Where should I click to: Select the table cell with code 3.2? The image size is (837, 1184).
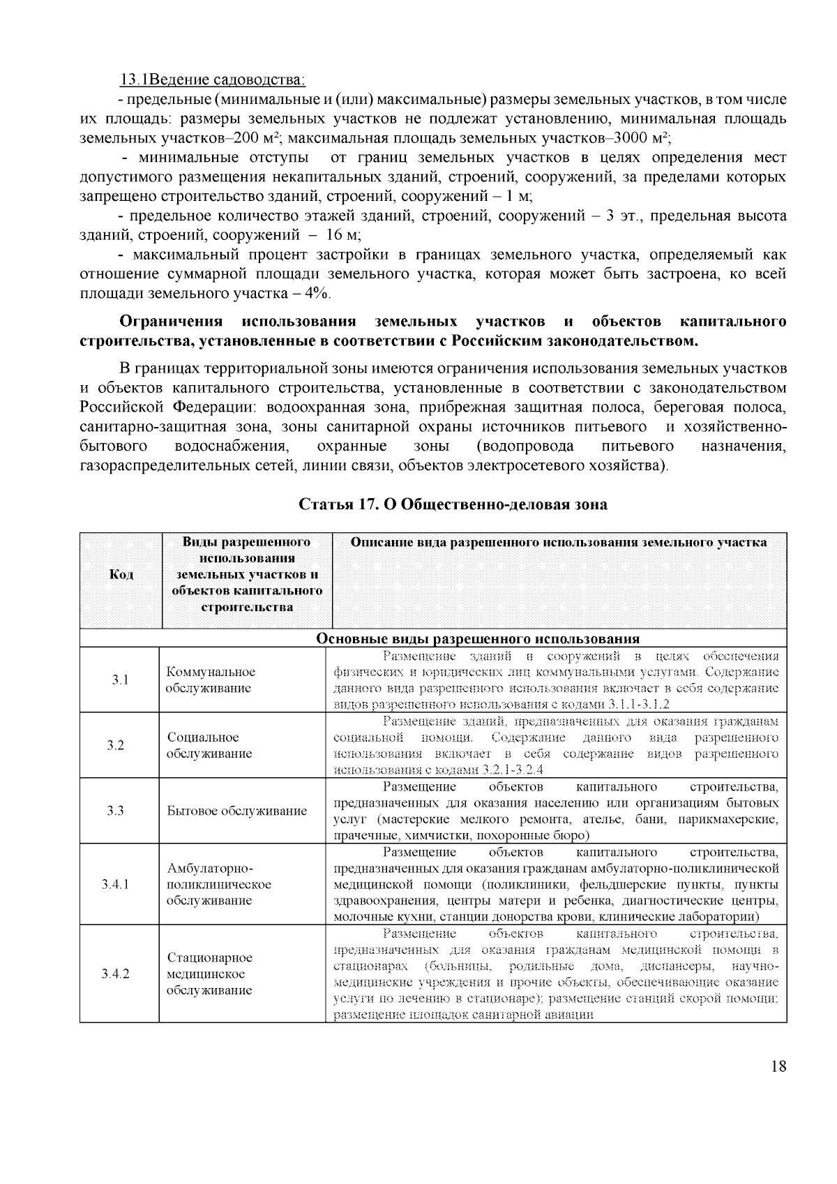(x=116, y=745)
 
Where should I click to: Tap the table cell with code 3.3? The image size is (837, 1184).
(x=116, y=811)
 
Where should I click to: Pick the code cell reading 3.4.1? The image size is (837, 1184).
(x=116, y=884)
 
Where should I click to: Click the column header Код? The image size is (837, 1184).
(x=121, y=574)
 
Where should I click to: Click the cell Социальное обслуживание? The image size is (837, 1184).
(x=210, y=745)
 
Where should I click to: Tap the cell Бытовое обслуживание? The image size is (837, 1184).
(x=237, y=811)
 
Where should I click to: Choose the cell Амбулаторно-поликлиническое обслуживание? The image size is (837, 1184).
(x=219, y=884)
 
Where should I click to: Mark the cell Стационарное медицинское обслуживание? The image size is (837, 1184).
(x=210, y=974)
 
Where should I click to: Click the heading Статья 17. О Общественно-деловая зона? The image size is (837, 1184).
(x=453, y=504)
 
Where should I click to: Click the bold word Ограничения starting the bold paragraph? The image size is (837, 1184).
(x=171, y=322)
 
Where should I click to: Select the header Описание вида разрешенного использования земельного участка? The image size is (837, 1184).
(x=559, y=542)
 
